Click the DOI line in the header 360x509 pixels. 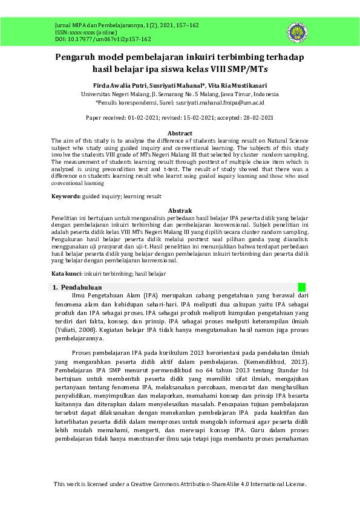(94, 39)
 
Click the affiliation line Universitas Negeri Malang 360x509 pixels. (180, 95)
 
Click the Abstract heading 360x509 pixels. (180, 133)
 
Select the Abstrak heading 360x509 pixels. (180, 210)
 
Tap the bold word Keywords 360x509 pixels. (65, 196)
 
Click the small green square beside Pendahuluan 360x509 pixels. (302, 287)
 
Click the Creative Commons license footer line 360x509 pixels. (180, 484)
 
